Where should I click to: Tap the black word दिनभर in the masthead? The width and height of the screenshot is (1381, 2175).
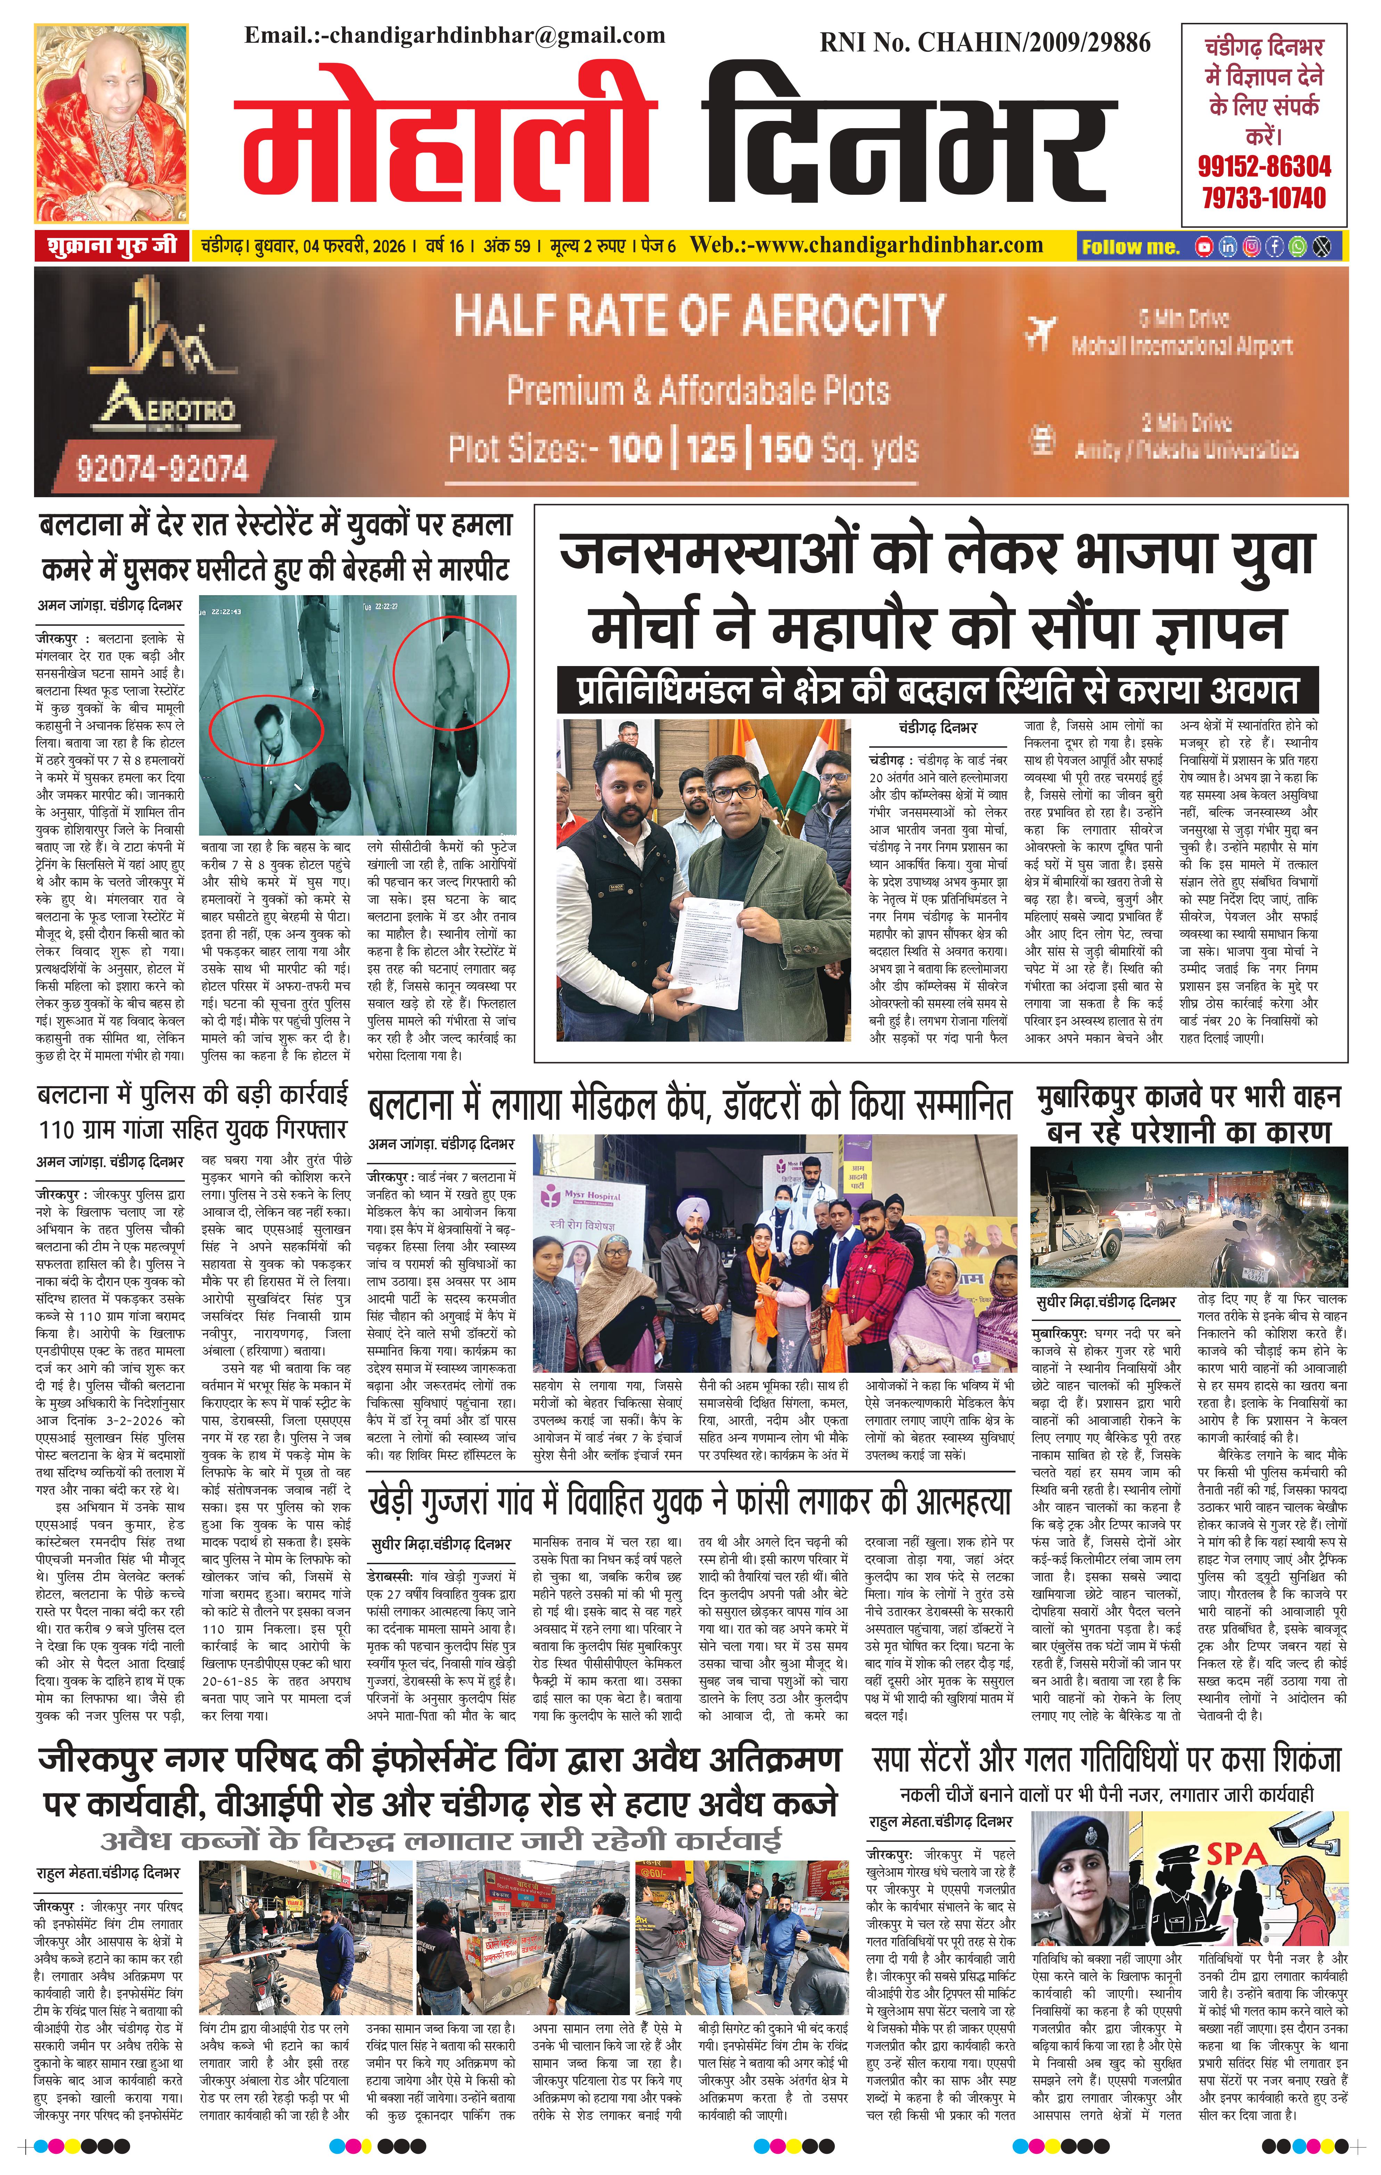(x=903, y=136)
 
